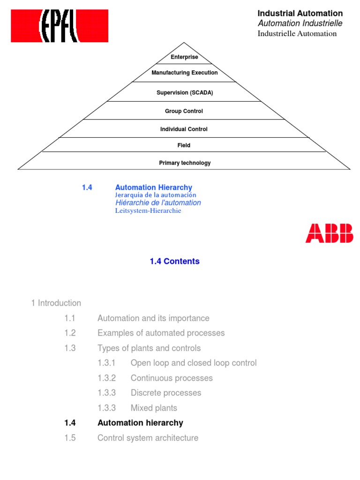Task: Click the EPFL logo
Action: pyautogui.click(x=60, y=26)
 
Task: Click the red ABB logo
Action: pyautogui.click(x=330, y=233)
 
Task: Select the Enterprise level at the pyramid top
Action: pyautogui.click(x=184, y=57)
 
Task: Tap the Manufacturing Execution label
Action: pyautogui.click(x=184, y=73)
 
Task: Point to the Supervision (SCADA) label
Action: pyautogui.click(x=184, y=93)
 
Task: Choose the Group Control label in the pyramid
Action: pyautogui.click(x=184, y=112)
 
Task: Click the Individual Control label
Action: pyautogui.click(x=184, y=129)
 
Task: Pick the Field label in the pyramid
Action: pyautogui.click(x=184, y=146)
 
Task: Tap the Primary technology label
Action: pyautogui.click(x=185, y=163)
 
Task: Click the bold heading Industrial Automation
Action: pyautogui.click(x=300, y=14)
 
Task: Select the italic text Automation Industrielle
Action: pyautogui.click(x=300, y=23)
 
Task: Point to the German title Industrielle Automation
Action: pyautogui.click(x=297, y=34)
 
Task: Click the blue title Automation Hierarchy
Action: pyautogui.click(x=154, y=187)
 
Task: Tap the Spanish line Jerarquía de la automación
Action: pyautogui.click(x=156, y=195)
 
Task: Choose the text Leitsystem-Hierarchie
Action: pyautogui.click(x=148, y=211)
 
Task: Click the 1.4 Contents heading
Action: pyautogui.click(x=175, y=262)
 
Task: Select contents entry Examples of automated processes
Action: pyautogui.click(x=161, y=333)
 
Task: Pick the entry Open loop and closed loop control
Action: pyautogui.click(x=194, y=363)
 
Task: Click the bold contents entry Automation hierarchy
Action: pyautogui.click(x=140, y=423)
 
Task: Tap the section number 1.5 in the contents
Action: pyautogui.click(x=70, y=438)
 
